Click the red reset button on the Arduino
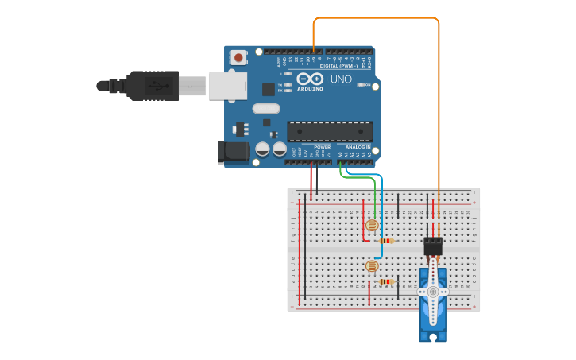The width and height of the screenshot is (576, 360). click(x=238, y=56)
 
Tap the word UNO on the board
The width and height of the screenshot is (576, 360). click(x=341, y=79)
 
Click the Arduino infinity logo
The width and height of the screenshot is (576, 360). click(x=310, y=79)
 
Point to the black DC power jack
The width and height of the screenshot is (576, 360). click(x=231, y=152)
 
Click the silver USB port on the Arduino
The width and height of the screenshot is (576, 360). click(x=227, y=86)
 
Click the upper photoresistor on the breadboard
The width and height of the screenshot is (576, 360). click(x=372, y=226)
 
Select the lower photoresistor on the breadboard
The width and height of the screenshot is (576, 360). click(x=371, y=266)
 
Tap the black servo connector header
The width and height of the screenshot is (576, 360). click(x=433, y=246)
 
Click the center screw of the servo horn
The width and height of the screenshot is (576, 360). click(x=433, y=292)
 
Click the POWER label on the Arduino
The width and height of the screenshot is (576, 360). click(x=322, y=147)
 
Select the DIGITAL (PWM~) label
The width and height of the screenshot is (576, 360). click(x=338, y=66)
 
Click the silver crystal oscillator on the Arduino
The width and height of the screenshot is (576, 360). click(x=266, y=108)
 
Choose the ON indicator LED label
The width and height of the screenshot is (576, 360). click(x=365, y=85)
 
